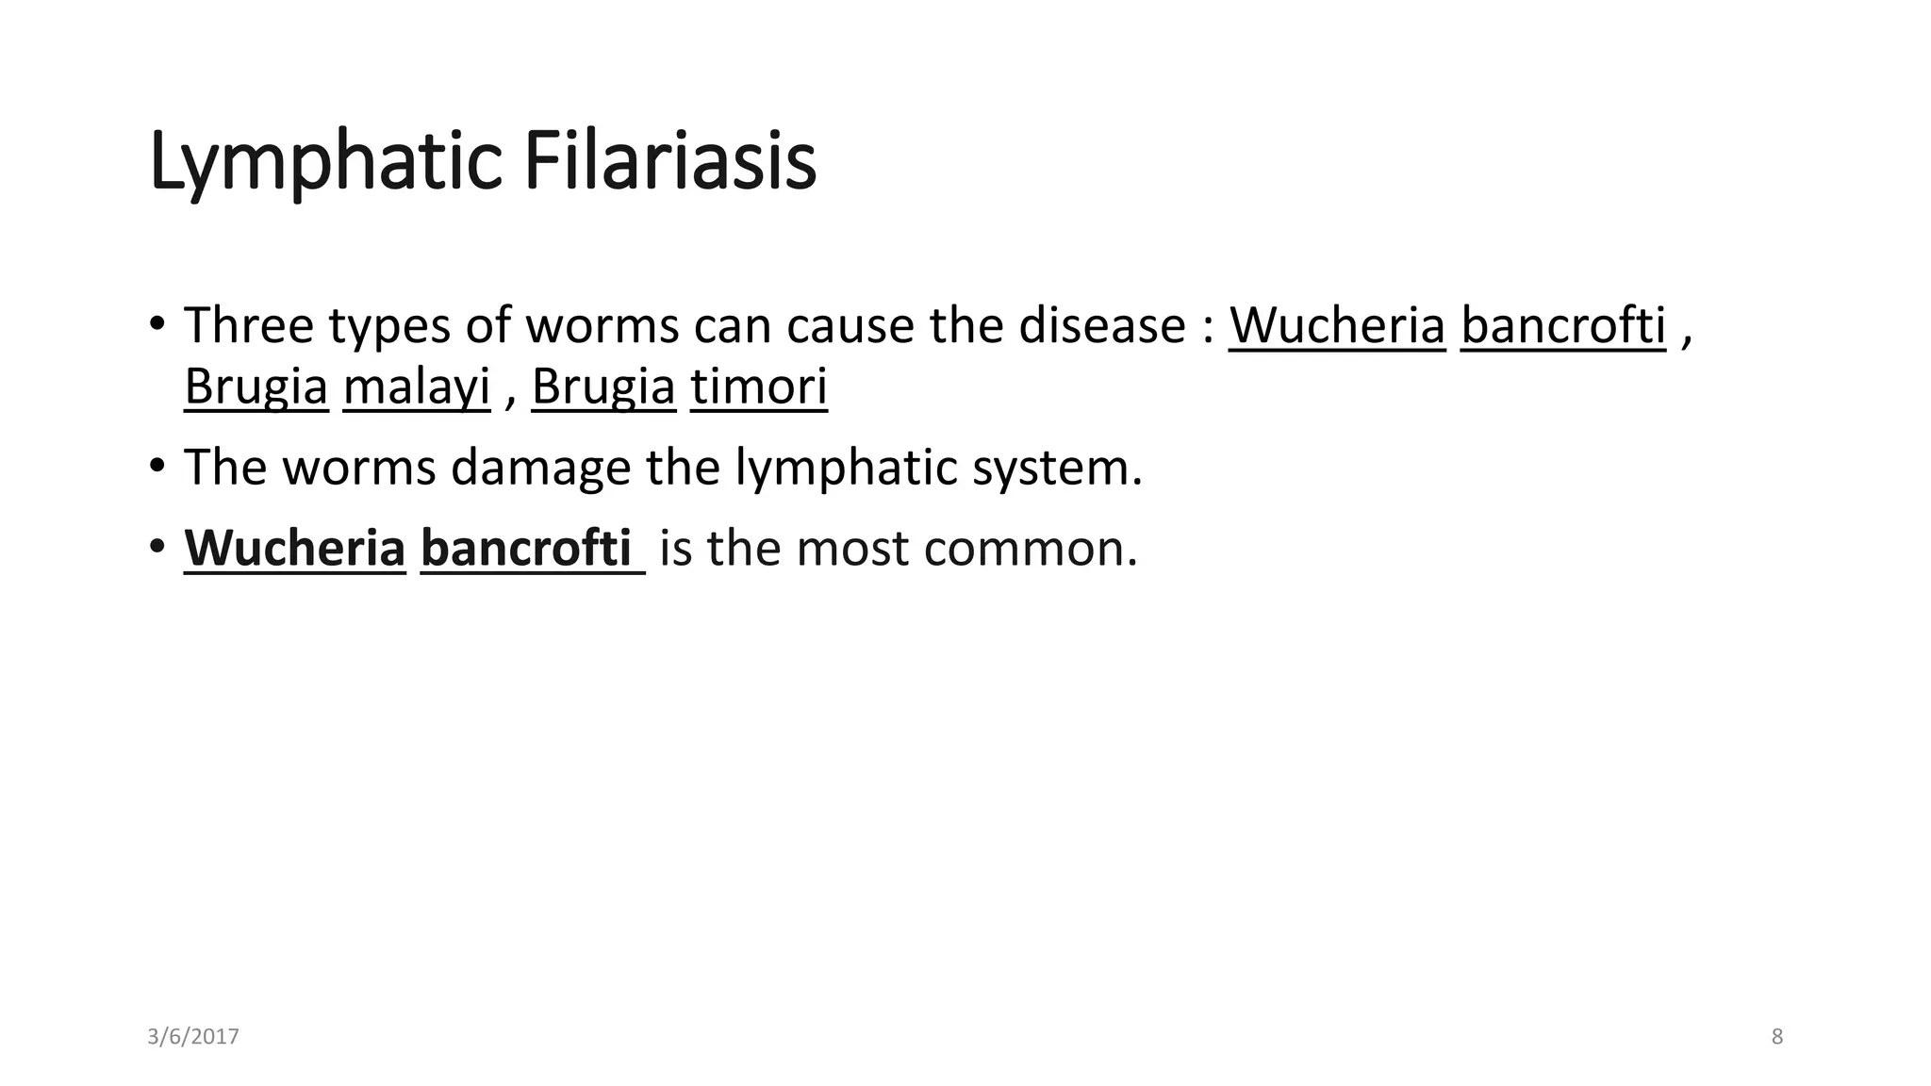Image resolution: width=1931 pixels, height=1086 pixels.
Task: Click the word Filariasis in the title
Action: (x=669, y=162)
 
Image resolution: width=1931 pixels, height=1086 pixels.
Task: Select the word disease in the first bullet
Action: (x=1101, y=325)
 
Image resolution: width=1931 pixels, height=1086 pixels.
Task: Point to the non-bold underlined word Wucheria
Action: (x=1336, y=325)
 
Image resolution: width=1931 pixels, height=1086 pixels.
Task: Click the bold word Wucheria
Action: (x=294, y=548)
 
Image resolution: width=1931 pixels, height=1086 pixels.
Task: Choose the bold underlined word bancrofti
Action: (x=526, y=548)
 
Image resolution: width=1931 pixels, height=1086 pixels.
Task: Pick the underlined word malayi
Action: (x=417, y=387)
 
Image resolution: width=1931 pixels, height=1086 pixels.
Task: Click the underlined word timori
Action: (x=759, y=387)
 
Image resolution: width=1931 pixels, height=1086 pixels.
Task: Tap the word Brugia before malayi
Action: (x=256, y=387)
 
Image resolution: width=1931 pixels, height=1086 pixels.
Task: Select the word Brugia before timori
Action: (x=603, y=387)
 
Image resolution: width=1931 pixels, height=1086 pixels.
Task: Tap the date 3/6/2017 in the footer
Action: (x=193, y=1037)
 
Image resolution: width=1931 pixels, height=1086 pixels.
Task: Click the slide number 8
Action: (x=1777, y=1037)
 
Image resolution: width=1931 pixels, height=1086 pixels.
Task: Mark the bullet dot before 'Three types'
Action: (x=157, y=325)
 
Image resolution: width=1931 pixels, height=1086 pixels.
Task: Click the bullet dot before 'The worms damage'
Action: (x=157, y=467)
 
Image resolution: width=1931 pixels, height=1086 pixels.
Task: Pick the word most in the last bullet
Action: (x=851, y=548)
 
